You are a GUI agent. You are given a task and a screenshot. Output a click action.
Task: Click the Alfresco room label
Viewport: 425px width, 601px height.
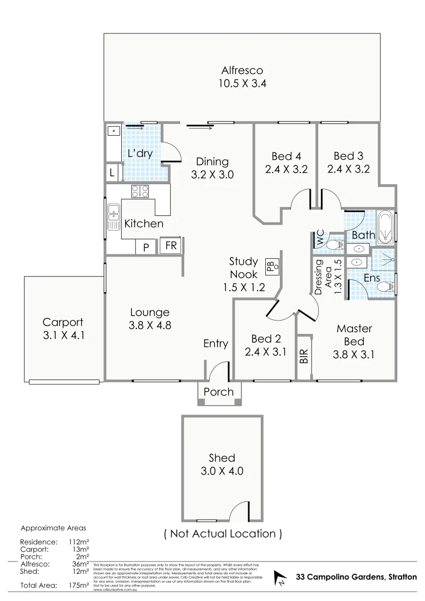pos(242,71)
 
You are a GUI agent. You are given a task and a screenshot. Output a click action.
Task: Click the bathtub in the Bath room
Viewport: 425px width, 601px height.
pos(385,227)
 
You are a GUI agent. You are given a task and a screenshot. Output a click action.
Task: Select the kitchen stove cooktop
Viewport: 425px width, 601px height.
pos(140,191)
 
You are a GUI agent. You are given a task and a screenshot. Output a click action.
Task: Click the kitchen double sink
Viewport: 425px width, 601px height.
pos(113,216)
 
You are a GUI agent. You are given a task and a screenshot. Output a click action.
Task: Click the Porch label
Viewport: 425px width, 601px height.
pos(219,392)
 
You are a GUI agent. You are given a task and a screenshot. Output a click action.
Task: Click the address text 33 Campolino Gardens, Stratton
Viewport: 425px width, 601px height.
pos(357,577)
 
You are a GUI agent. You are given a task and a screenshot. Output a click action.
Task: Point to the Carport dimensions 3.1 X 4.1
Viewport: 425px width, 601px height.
pos(63,336)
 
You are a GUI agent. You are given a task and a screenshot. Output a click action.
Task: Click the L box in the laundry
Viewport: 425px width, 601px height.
pos(112,173)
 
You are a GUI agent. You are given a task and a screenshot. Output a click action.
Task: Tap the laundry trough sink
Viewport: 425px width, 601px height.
pos(113,132)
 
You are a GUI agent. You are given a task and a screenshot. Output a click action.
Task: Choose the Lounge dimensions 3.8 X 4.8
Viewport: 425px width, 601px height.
pos(150,326)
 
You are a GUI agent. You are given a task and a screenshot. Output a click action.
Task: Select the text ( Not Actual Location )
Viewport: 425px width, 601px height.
pos(223,534)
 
